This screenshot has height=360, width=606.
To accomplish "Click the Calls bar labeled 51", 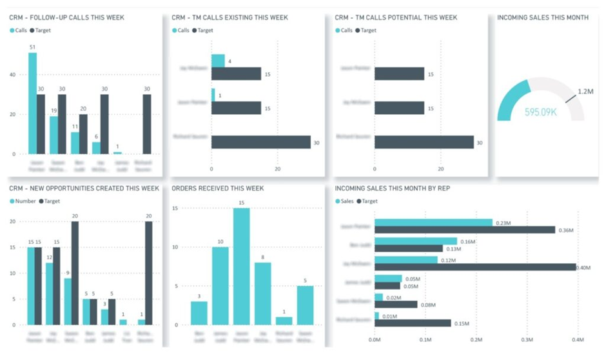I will click(32, 103).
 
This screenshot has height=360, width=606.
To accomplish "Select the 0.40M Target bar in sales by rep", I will click(475, 266).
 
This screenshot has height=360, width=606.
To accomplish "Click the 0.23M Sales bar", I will click(433, 222).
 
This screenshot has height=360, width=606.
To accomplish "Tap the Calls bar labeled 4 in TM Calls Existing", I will click(218, 61).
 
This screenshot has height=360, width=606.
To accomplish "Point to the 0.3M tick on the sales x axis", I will click(527, 339).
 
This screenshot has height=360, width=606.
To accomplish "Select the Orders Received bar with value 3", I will click(199, 313).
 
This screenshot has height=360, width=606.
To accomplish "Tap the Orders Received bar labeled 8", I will click(262, 293).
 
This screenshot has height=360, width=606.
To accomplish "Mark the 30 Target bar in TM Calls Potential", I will click(424, 142).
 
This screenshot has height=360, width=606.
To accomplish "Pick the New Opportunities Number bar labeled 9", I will click(68, 301).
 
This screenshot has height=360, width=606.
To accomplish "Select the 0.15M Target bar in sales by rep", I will click(413, 323).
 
